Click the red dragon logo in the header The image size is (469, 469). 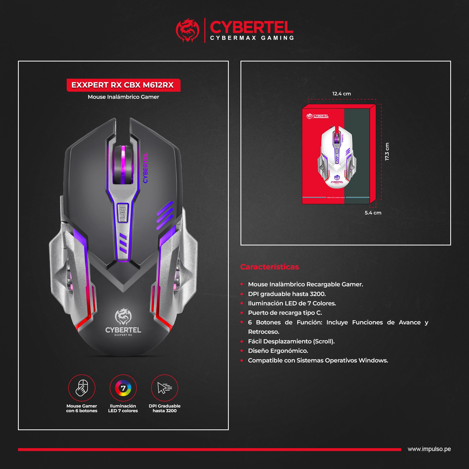click(187, 30)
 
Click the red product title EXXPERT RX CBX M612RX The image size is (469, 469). click(122, 85)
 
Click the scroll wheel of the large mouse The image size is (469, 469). click(123, 165)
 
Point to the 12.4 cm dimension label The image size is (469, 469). click(341, 94)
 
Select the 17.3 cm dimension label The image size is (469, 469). click(387, 151)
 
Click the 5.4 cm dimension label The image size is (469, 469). click(373, 213)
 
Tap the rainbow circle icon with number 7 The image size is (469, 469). click(123, 388)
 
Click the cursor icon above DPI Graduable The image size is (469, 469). click(165, 388)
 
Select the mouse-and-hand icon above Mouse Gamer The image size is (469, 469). click(82, 388)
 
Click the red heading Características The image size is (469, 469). click(269, 267)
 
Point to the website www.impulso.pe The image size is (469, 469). click(429, 449)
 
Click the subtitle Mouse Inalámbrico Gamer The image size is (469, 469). click(123, 97)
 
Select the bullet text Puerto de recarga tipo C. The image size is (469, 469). click(285, 313)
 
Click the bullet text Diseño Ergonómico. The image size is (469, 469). click(278, 351)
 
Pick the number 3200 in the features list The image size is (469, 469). click(318, 294)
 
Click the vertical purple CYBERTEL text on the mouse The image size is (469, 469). click(145, 168)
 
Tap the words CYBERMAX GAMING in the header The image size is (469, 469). click(252, 38)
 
